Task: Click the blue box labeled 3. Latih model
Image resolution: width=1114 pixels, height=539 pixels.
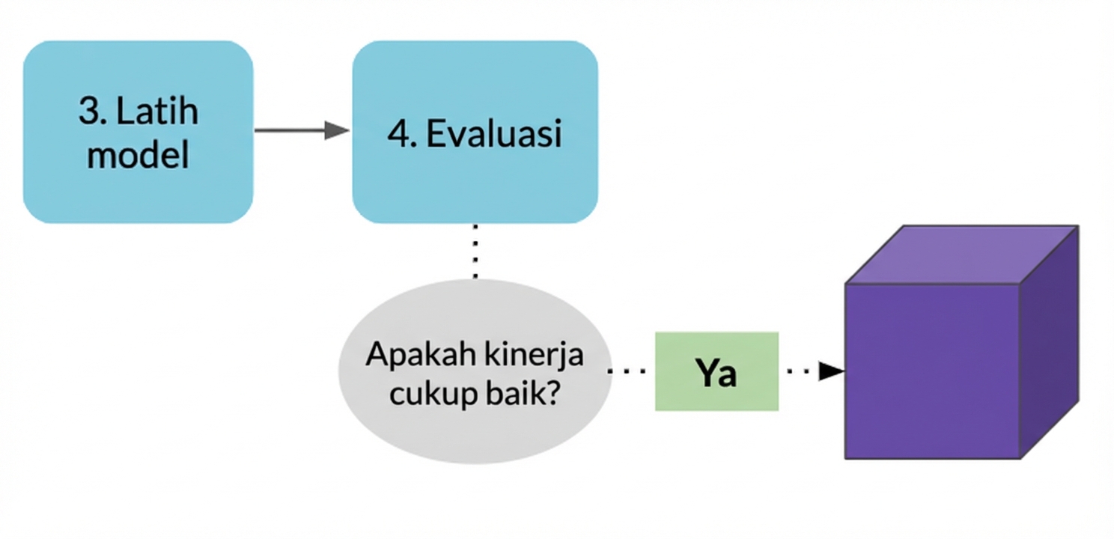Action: coord(138,132)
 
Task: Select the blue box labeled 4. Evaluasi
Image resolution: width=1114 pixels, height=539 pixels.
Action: coord(475,132)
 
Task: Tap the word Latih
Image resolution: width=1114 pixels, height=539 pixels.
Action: coord(158,112)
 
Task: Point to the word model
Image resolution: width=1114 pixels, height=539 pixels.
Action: coord(138,155)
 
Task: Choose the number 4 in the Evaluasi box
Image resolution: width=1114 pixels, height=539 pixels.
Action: coord(397,134)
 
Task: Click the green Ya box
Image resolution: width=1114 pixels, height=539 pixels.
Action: coord(716,371)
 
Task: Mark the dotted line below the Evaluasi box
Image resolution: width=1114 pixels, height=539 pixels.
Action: coord(475,251)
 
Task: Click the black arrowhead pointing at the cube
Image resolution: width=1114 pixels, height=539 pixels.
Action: coord(831,371)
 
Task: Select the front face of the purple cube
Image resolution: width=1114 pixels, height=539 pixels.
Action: coord(932,371)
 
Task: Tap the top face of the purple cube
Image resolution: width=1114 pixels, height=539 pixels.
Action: coord(962,255)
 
